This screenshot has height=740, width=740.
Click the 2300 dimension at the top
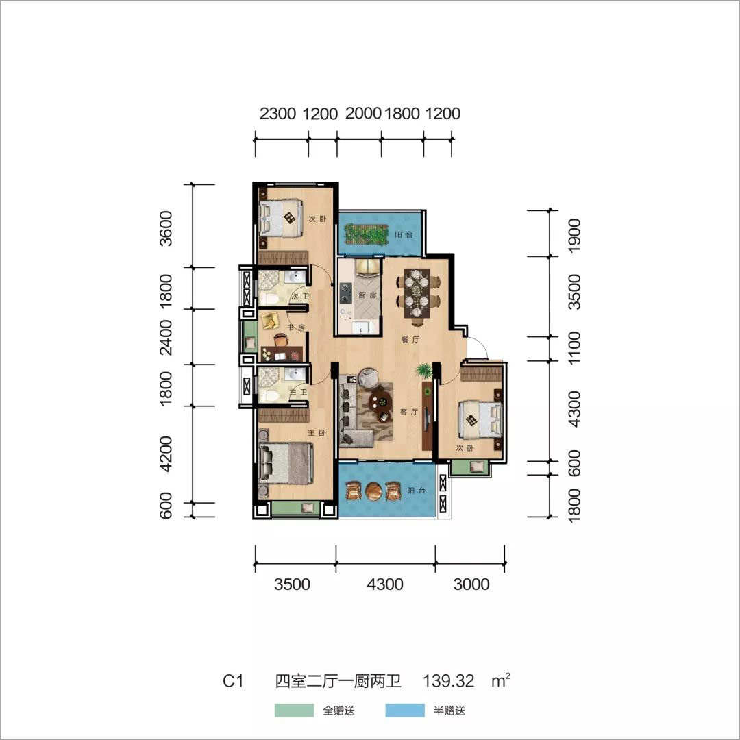tap(277, 114)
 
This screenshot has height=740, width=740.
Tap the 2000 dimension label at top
tap(363, 113)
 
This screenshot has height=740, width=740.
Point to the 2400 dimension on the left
tap(166, 337)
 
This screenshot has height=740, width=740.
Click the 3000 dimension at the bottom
tap(471, 584)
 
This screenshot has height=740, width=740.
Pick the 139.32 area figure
tap(448, 680)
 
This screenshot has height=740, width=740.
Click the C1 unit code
tap(233, 681)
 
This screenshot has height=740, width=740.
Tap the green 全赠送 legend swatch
tap(294, 711)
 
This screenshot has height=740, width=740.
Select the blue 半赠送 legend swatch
tap(404, 711)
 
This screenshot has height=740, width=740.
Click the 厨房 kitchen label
tap(367, 295)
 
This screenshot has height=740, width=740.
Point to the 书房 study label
tap(296, 327)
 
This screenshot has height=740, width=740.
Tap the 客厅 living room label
tap(408, 412)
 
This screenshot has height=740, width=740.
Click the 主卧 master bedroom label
tap(317, 433)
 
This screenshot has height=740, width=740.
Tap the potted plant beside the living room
tap(424, 371)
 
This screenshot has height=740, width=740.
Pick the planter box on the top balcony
tap(367, 234)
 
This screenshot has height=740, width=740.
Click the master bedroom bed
tap(286, 463)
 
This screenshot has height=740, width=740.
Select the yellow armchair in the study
tap(269, 320)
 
